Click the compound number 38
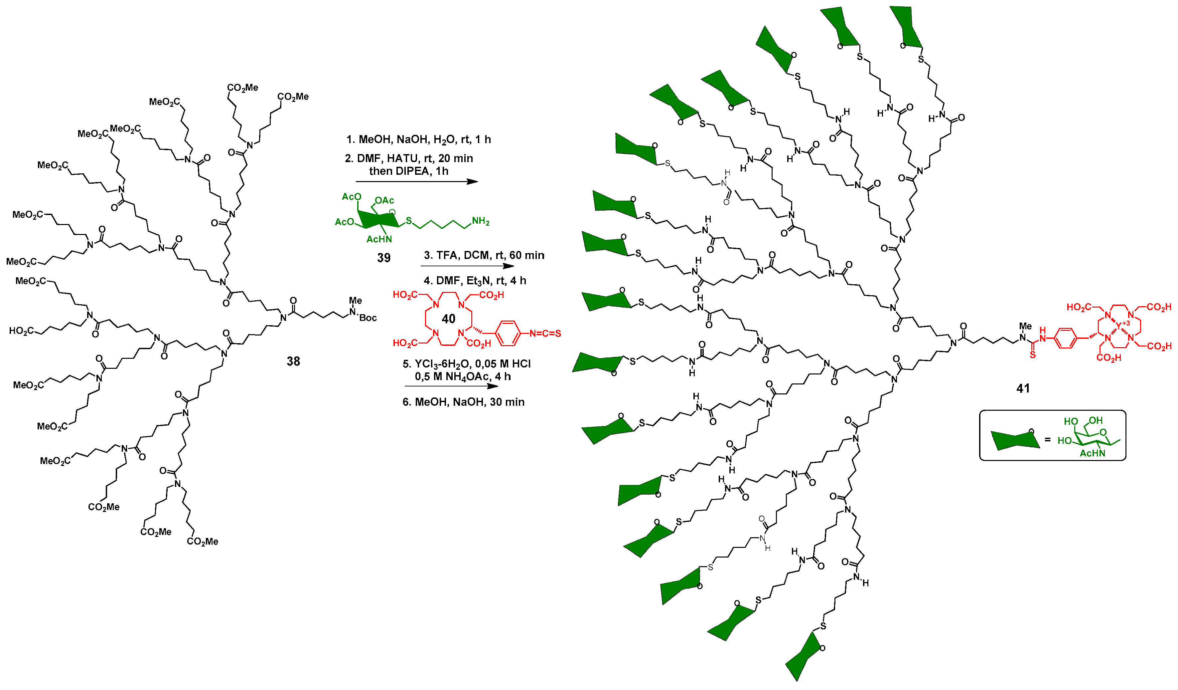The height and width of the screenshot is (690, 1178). click(x=293, y=361)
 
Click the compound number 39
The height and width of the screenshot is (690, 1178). click(x=383, y=258)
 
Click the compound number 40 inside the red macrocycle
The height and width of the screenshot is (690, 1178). click(x=448, y=319)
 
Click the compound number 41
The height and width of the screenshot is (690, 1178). click(x=1023, y=388)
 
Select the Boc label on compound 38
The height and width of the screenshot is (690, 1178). click(x=368, y=318)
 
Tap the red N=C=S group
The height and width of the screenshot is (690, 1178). click(x=544, y=334)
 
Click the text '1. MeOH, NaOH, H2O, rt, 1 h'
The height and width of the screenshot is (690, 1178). click(x=418, y=139)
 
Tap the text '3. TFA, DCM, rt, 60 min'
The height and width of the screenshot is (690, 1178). click(x=484, y=255)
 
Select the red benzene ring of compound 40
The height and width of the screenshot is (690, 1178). click(x=508, y=334)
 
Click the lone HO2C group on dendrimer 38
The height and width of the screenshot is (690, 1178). click(x=21, y=331)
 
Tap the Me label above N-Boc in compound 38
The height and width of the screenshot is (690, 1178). click(x=355, y=300)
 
